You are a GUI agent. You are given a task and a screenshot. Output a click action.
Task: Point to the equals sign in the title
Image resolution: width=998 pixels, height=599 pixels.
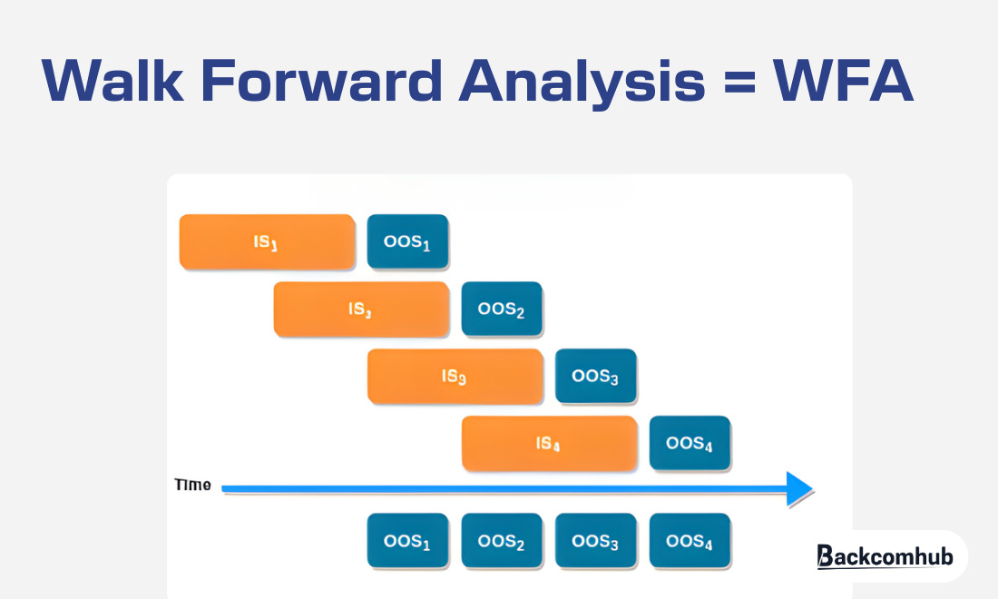tap(737, 82)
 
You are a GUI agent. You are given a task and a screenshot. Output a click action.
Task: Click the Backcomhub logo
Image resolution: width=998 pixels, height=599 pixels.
tap(885, 555)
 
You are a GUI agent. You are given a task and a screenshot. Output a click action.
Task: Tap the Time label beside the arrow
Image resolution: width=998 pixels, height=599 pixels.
tap(192, 486)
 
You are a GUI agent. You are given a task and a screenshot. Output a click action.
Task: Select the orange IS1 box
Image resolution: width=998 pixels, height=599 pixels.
tap(267, 242)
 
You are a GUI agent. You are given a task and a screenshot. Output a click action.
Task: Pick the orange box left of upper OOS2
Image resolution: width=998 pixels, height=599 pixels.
tap(361, 309)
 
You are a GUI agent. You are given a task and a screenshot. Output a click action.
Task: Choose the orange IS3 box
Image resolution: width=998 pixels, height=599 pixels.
tap(455, 377)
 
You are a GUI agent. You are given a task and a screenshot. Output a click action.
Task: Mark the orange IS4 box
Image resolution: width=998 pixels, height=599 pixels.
tap(549, 444)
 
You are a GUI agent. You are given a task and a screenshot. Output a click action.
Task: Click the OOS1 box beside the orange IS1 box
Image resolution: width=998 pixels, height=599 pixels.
tap(407, 242)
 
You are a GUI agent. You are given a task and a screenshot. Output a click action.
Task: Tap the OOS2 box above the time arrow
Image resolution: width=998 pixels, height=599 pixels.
tap(502, 309)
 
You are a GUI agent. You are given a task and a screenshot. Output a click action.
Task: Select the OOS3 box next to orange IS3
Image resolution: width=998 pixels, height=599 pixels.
tap(596, 377)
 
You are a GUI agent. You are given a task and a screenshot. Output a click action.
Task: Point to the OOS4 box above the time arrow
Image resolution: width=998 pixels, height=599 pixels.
tap(690, 444)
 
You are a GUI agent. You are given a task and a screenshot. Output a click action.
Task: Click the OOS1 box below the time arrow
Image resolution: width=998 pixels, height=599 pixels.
tap(407, 542)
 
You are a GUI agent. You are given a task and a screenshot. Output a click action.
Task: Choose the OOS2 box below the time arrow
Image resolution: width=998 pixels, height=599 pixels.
tap(502, 542)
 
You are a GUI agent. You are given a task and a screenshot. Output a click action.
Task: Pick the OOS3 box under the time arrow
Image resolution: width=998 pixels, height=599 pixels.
tap(596, 542)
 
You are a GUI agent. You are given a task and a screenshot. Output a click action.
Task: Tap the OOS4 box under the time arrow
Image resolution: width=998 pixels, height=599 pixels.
tap(690, 542)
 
